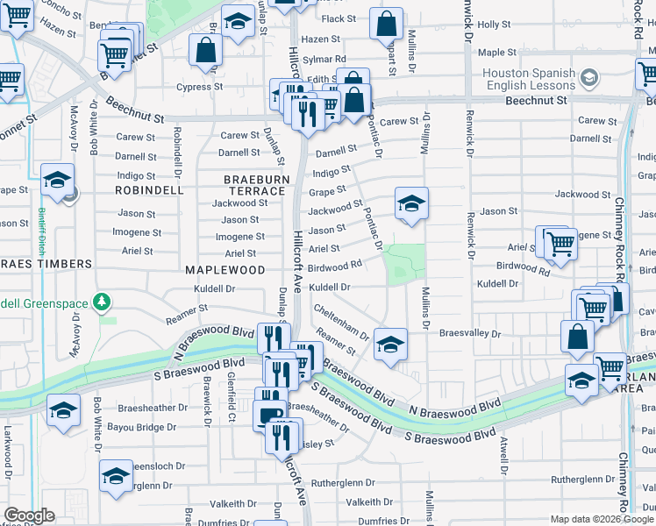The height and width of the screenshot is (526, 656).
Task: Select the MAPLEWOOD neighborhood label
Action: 224,270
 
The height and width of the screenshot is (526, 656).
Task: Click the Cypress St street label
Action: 199,88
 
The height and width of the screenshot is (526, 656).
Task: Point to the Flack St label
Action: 340,18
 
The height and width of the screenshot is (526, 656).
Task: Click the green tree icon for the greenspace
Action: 103,302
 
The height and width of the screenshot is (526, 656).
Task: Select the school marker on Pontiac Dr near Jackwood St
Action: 411,205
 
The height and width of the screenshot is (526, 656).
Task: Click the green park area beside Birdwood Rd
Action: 406,261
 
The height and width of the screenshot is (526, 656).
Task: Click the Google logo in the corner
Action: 28,515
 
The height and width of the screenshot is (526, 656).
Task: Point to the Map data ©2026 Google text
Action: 601,519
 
